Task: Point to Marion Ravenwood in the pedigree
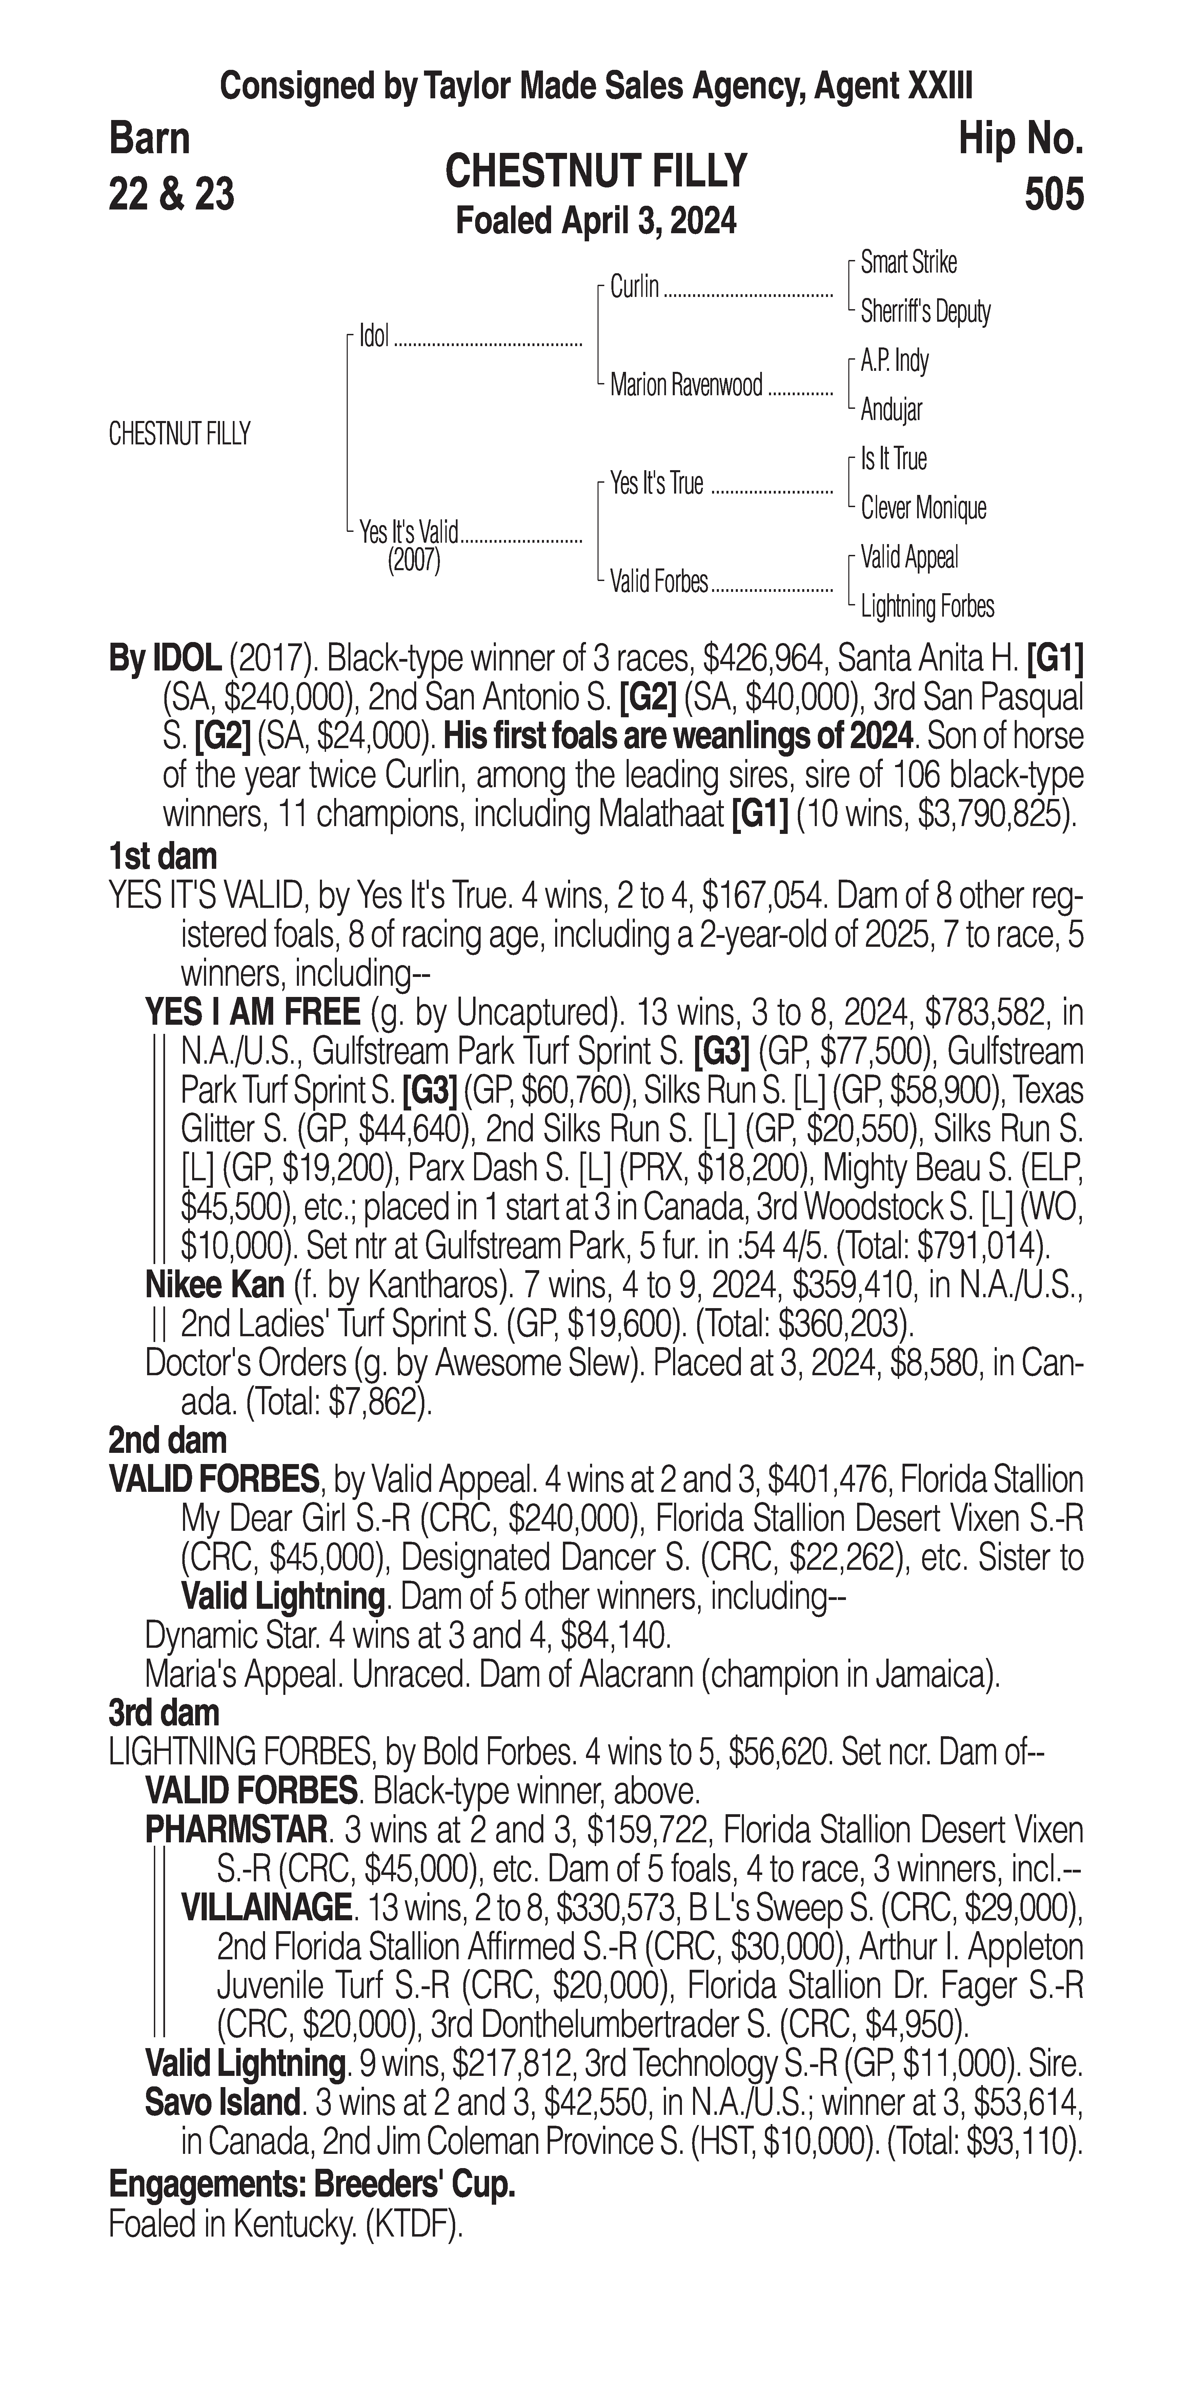685,385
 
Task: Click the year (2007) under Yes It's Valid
413,561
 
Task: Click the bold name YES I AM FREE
251,1013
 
